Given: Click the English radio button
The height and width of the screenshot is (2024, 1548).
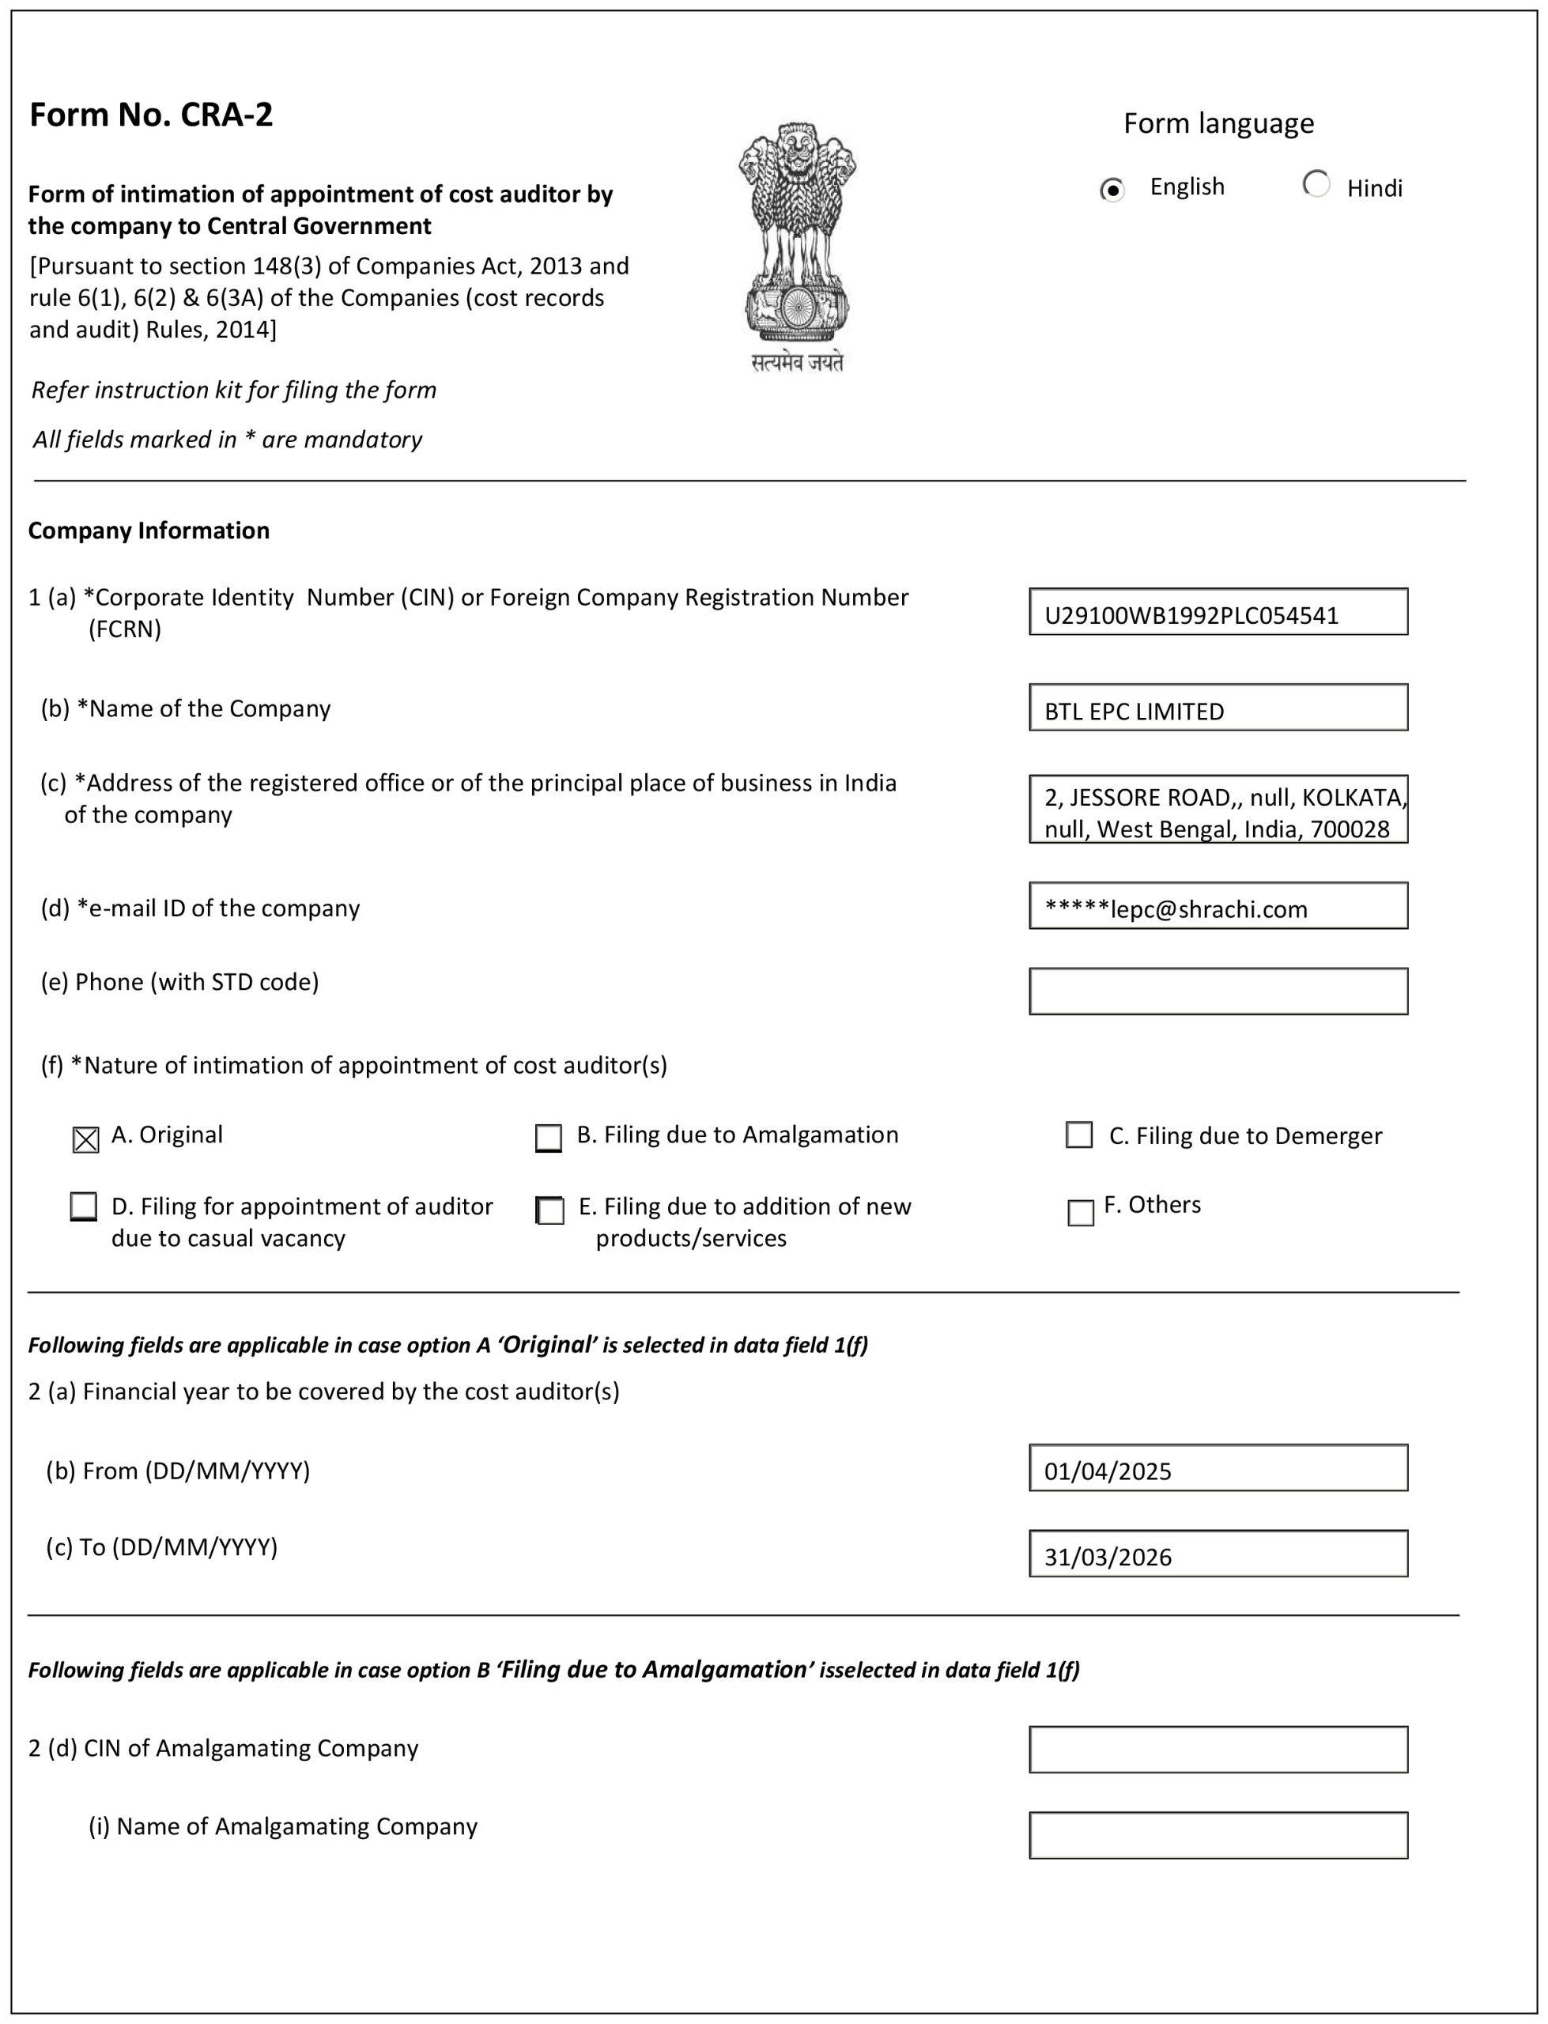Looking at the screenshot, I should coord(1112,191).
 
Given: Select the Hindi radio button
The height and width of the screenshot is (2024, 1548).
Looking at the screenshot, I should coord(1316,184).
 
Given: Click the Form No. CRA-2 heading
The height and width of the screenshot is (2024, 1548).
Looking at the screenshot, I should coord(151,115).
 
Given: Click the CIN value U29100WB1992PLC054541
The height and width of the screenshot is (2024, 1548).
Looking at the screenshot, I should coord(1191,615).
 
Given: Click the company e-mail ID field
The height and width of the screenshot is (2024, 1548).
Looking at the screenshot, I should coord(1218,908).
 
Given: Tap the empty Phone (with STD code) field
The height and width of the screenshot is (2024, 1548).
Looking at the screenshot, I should coord(1218,991).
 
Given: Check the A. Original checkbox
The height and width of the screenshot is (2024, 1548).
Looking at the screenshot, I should coord(85,1139).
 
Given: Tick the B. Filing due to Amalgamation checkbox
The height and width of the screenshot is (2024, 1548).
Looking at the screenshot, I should coord(548,1138).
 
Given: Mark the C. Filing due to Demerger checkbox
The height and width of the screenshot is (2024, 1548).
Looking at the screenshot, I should coord(1079,1135).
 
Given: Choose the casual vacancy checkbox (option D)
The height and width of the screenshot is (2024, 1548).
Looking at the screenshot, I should coord(84,1206).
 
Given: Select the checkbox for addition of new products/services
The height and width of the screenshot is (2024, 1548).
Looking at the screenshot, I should coord(550,1210).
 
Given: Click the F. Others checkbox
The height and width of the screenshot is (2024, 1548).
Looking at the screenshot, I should coord(1080,1212).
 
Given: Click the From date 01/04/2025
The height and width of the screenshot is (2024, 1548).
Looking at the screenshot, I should coord(1218,1471).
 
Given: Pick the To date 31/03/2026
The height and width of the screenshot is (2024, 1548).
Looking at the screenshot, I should coord(1218,1557).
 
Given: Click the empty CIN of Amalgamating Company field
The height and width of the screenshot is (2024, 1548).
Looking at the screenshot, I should coord(1218,1750).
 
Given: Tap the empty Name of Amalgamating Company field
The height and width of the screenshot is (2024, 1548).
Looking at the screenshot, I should coord(1218,1835).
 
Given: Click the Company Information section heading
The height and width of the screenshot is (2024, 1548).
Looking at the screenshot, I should coord(149,531).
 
